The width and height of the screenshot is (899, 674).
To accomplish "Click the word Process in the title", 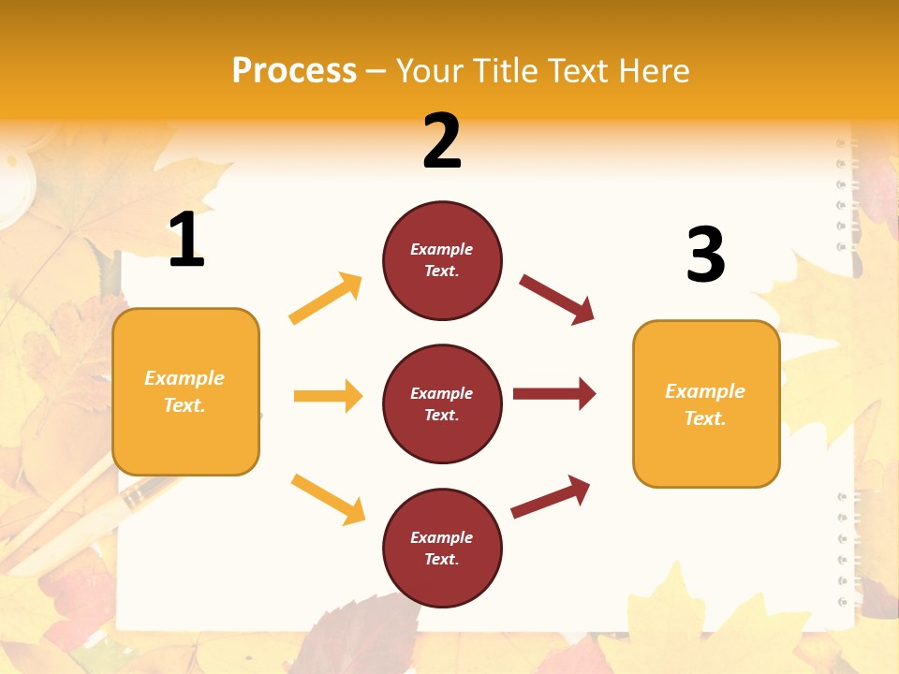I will click(x=294, y=71).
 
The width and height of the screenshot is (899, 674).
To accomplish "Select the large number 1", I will click(x=186, y=241).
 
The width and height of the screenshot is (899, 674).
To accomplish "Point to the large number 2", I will click(x=442, y=141).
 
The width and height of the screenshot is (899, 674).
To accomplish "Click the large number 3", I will click(x=705, y=256).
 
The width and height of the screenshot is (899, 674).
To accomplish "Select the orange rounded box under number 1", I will click(x=185, y=391).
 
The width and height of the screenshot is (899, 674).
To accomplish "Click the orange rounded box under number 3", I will click(x=706, y=404).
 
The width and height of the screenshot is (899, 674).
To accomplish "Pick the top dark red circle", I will click(x=442, y=260).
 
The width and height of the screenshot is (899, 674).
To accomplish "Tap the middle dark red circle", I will click(x=442, y=404).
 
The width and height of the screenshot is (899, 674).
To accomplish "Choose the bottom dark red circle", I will click(x=442, y=549).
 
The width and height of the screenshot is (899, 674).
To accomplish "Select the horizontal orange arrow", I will click(x=328, y=396).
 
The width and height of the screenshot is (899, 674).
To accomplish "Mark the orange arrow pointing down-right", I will click(x=328, y=499).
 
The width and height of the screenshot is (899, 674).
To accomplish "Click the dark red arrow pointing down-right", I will click(x=557, y=300).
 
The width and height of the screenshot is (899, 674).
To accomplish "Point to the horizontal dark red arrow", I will click(x=554, y=394).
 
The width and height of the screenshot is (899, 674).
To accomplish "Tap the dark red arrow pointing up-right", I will click(x=551, y=497).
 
